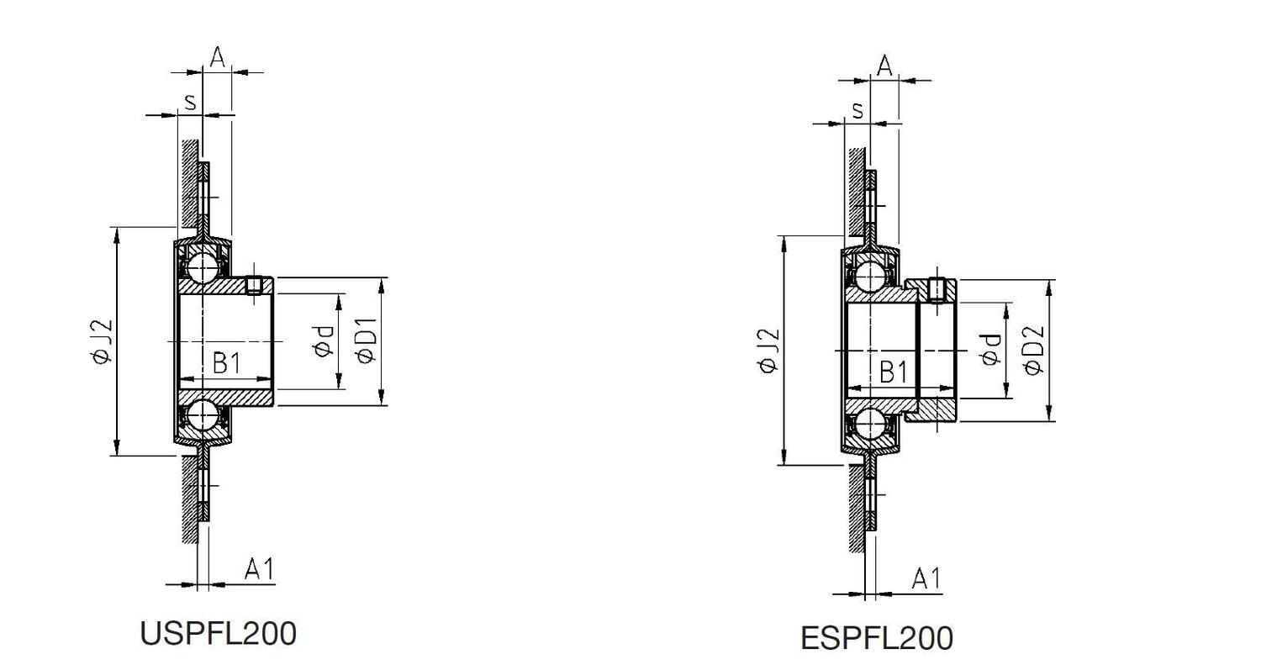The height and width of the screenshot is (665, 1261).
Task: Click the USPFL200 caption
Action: tap(218, 633)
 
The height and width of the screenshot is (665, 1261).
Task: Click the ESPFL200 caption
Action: tap(876, 638)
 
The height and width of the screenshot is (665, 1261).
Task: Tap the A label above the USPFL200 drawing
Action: tap(217, 57)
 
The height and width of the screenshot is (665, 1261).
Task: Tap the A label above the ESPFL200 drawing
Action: tap(884, 66)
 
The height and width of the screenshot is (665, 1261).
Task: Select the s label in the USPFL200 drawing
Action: tap(190, 102)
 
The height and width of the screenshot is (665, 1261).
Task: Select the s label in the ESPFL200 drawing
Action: tap(857, 109)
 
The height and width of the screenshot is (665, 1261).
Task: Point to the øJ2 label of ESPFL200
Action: tap(768, 351)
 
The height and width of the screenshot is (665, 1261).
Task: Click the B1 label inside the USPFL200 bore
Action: tap(226, 363)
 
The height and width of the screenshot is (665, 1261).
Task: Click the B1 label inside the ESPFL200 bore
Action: tap(893, 371)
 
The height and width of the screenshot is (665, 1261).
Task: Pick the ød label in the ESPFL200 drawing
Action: tap(990, 350)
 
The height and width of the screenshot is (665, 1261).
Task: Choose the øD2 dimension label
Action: tap(1034, 351)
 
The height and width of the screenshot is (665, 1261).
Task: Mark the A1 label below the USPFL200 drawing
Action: tap(259, 570)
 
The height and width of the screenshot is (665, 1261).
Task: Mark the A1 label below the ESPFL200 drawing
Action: tap(926, 578)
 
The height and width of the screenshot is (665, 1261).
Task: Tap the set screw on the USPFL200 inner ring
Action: tap(255, 285)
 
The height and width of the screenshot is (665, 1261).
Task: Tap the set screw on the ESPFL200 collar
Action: tap(938, 290)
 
